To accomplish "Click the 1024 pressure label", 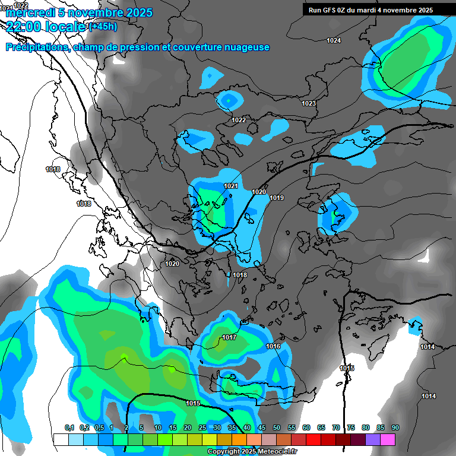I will [334, 40].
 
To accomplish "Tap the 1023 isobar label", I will [309, 103].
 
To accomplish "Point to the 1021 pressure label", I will [231, 186].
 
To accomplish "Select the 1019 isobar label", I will [276, 198].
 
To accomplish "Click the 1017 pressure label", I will [230, 338].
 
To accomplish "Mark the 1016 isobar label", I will [273, 346].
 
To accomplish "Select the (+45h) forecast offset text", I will [103, 27].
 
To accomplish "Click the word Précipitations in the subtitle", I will [35, 47].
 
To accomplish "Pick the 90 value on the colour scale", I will [395, 427].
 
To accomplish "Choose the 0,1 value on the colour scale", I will [69, 427].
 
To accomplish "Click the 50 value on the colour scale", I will [277, 427].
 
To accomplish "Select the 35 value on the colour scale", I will [232, 427].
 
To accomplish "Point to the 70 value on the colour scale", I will [336, 427].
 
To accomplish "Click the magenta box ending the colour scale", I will [388, 439].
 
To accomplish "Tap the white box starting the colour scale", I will [61, 439].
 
